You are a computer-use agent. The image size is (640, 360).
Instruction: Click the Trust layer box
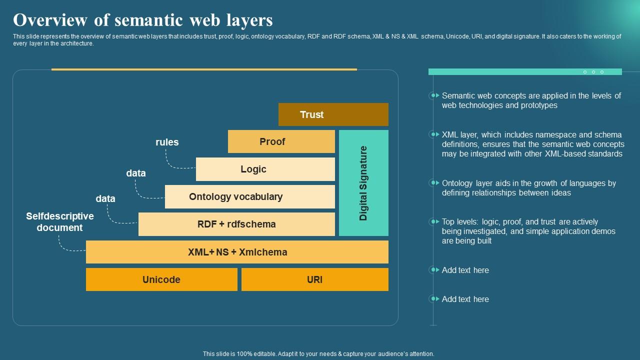(333, 114)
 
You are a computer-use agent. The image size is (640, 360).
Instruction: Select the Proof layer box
(281, 141)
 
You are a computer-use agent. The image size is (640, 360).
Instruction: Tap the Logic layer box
(265, 169)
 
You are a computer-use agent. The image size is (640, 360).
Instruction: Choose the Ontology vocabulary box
(249, 196)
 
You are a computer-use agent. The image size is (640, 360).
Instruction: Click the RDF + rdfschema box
(236, 224)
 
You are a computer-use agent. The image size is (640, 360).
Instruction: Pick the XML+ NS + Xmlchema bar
(237, 252)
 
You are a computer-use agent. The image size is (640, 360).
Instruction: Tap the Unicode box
(161, 279)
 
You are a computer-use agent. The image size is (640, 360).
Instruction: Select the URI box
(314, 279)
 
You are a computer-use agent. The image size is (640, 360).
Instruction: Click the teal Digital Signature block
(363, 183)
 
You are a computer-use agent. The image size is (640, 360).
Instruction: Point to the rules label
(167, 142)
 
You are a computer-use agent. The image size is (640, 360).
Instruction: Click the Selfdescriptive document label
(60, 222)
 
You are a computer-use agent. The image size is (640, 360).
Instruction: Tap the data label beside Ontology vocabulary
(136, 173)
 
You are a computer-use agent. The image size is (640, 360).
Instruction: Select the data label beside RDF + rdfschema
(105, 198)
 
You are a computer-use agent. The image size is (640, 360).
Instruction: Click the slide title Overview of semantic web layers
(143, 20)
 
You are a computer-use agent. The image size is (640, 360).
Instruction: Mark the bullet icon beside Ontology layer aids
(433, 183)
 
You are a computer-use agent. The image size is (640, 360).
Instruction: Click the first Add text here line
(465, 270)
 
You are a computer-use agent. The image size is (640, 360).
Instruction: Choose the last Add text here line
(465, 299)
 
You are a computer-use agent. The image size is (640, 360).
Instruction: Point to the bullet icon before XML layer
(433, 134)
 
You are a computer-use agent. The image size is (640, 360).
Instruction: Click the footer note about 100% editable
(318, 353)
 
